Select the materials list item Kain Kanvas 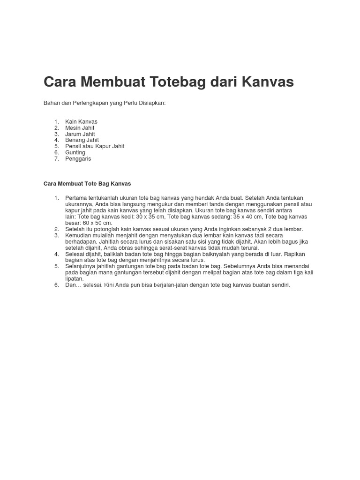pyautogui.click(x=82, y=121)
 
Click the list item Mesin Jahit pyautogui.click(x=80, y=127)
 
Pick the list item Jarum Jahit pyautogui.click(x=80, y=134)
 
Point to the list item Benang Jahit pyautogui.click(x=82, y=140)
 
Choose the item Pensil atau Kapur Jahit pyautogui.click(x=95, y=146)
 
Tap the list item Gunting pyautogui.click(x=75, y=152)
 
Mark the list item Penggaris pyautogui.click(x=78, y=158)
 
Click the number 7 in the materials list pyautogui.click(x=56, y=158)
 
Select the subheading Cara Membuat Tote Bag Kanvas pyautogui.click(x=87, y=183)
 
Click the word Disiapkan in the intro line pyautogui.click(x=152, y=103)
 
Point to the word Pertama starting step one pyautogui.click(x=76, y=198)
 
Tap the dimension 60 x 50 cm pyautogui.click(x=97, y=223)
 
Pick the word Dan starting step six pyautogui.click(x=71, y=285)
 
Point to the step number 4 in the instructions pyautogui.click(x=56, y=254)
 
